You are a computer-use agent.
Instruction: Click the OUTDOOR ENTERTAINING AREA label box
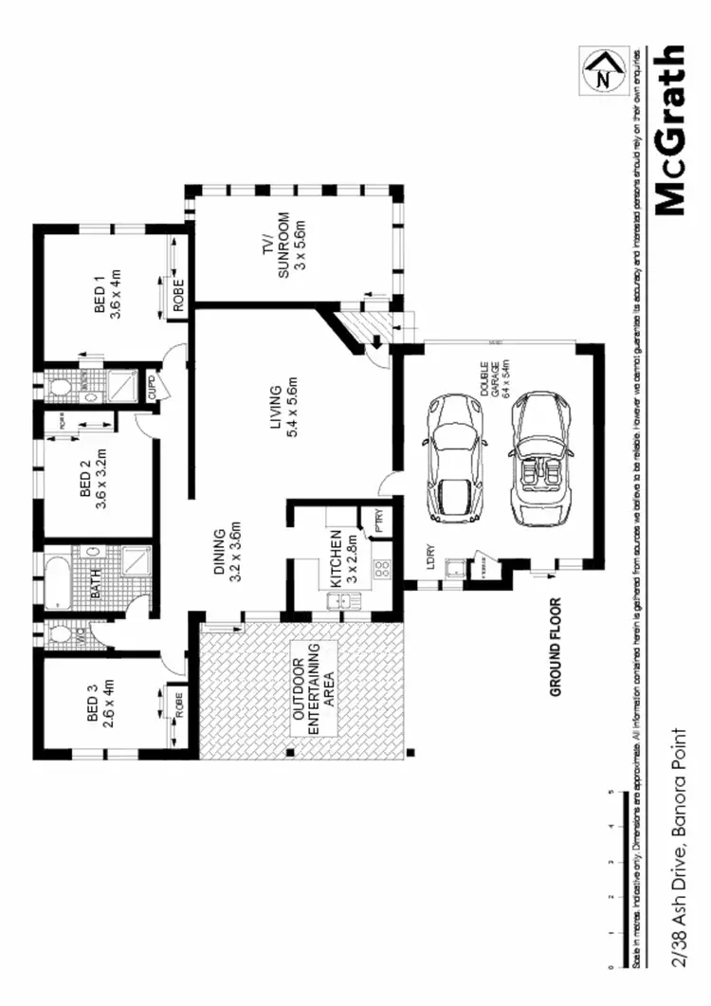(x=312, y=688)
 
